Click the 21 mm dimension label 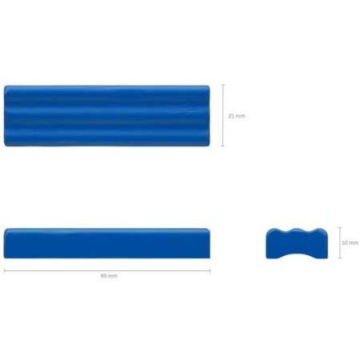tap(237, 116)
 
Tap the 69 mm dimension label tap(109, 276)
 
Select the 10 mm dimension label tap(350, 242)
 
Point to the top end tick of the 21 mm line tap(223, 85)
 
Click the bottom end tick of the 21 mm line tap(223, 146)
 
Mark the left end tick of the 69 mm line tap(5, 271)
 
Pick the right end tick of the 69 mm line tap(210, 271)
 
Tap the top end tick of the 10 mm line tap(340, 227)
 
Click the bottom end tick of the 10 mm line tap(340, 258)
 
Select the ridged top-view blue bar tap(106, 116)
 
